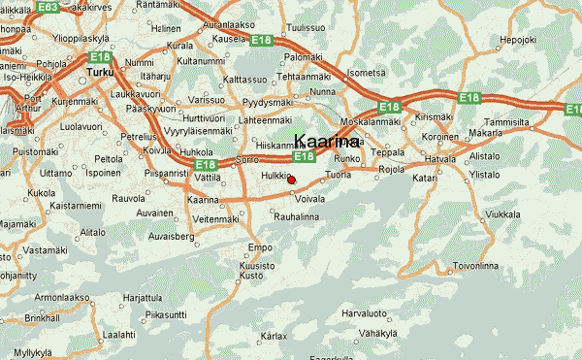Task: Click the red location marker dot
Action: pyautogui.click(x=291, y=180)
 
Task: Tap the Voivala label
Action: pyautogui.click(x=309, y=198)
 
